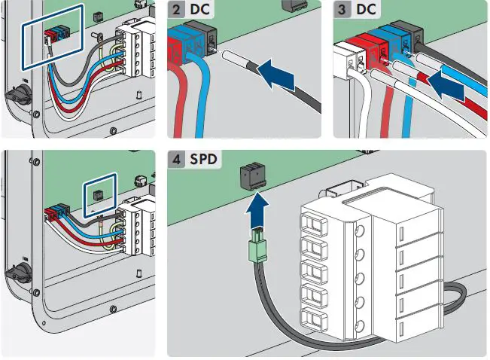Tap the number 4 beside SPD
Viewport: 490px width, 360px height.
(x=175, y=160)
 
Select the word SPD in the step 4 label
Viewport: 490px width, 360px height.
(x=202, y=160)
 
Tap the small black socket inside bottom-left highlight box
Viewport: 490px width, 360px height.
(x=96, y=194)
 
